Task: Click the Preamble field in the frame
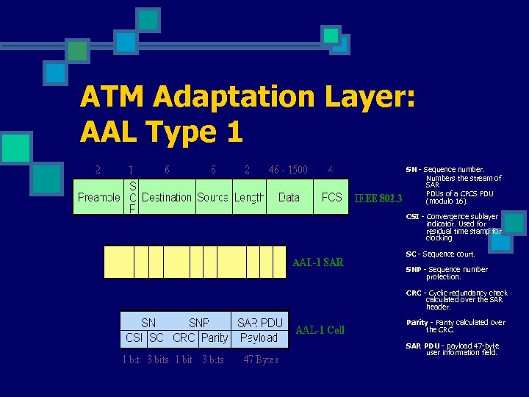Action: tap(99, 198)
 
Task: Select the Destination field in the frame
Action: tap(167, 198)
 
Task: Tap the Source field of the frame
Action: tap(213, 198)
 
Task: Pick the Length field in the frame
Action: tap(249, 198)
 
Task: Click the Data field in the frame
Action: tap(289, 198)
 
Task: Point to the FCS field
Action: tap(331, 198)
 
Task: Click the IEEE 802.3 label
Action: tap(378, 198)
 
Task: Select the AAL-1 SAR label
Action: tap(317, 262)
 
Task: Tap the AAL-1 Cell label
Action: tap(320, 330)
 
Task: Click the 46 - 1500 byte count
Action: tap(288, 170)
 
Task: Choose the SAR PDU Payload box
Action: tap(259, 330)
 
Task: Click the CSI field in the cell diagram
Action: tap(134, 338)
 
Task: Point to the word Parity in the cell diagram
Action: tap(215, 338)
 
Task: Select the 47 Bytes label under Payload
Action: tap(261, 360)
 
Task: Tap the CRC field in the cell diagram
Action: tap(184, 338)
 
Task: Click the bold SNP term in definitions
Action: tap(414, 270)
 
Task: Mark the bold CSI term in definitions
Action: tap(413, 217)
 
